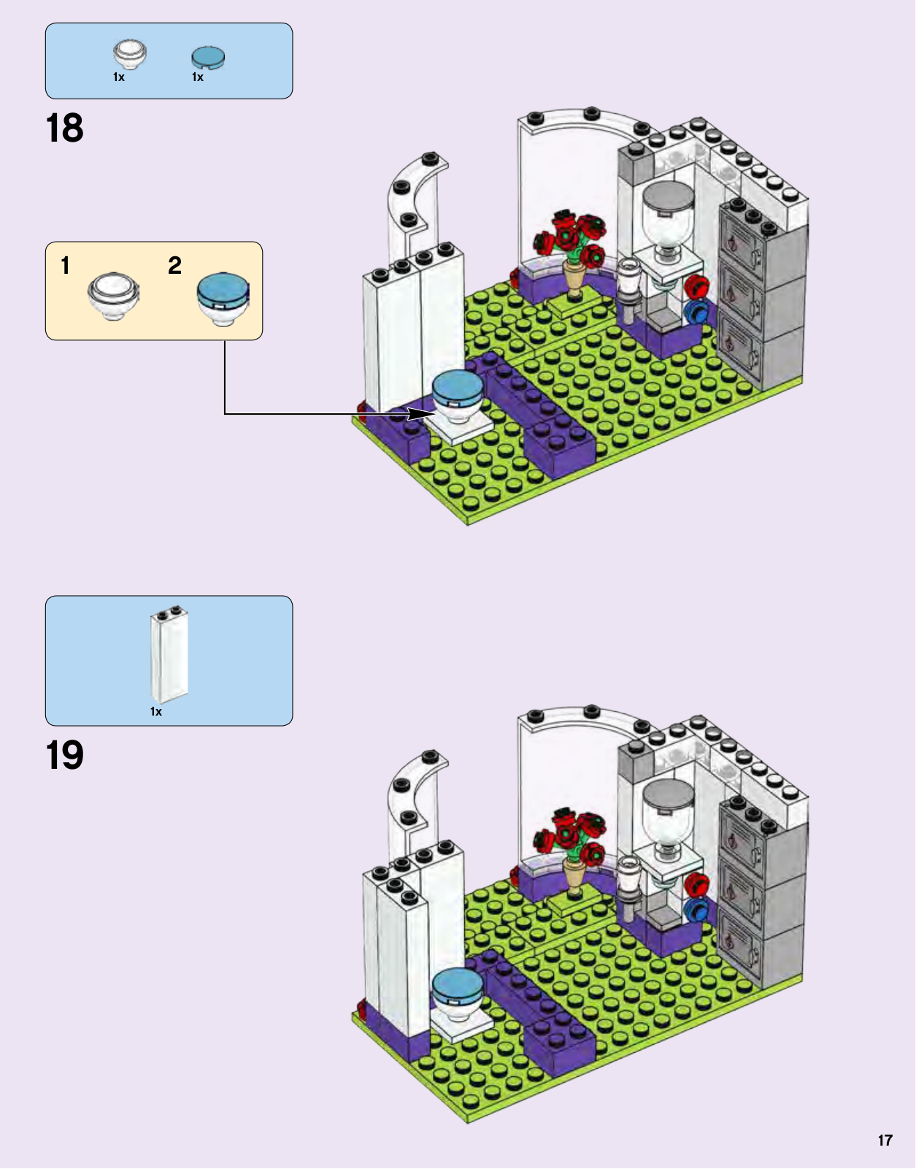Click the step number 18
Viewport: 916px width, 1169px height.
[x=65, y=129]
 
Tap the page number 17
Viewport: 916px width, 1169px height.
[x=885, y=1141]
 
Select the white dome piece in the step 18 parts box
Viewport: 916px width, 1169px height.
[x=130, y=54]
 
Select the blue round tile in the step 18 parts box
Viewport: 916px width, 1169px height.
[x=208, y=57]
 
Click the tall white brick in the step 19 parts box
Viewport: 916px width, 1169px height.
[x=169, y=654]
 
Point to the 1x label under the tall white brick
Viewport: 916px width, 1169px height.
[x=156, y=711]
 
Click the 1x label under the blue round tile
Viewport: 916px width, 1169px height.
[x=198, y=77]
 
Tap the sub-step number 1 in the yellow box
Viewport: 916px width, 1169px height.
[x=66, y=265]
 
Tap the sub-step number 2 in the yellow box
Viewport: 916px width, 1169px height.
[x=174, y=265]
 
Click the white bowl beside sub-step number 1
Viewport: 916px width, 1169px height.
[x=113, y=296]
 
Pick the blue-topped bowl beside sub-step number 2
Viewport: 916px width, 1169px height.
[x=223, y=297]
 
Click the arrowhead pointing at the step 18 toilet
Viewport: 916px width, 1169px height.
[x=421, y=414]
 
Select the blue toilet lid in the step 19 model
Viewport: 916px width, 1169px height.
[x=457, y=984]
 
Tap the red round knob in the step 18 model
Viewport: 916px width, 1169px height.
[x=697, y=285]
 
